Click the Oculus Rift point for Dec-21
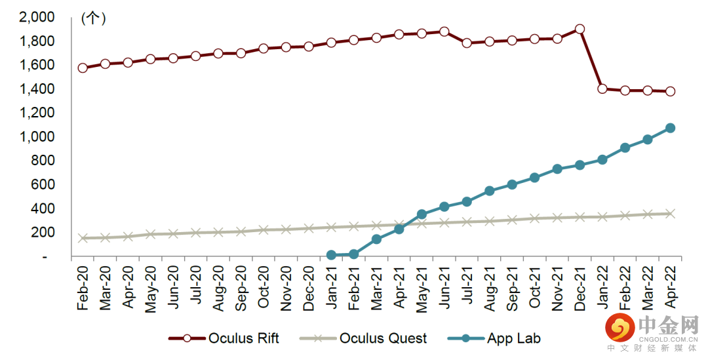(x=580, y=30)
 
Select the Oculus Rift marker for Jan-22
(x=602, y=89)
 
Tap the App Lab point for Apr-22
(x=670, y=128)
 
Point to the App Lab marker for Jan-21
(x=331, y=255)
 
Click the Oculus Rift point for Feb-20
(x=83, y=68)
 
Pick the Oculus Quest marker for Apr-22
(x=670, y=214)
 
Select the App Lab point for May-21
(x=422, y=214)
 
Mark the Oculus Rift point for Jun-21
(x=444, y=31)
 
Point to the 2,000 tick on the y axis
(x=38, y=18)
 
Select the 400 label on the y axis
(x=45, y=209)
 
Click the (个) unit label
(x=94, y=18)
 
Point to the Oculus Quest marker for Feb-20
(x=83, y=238)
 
